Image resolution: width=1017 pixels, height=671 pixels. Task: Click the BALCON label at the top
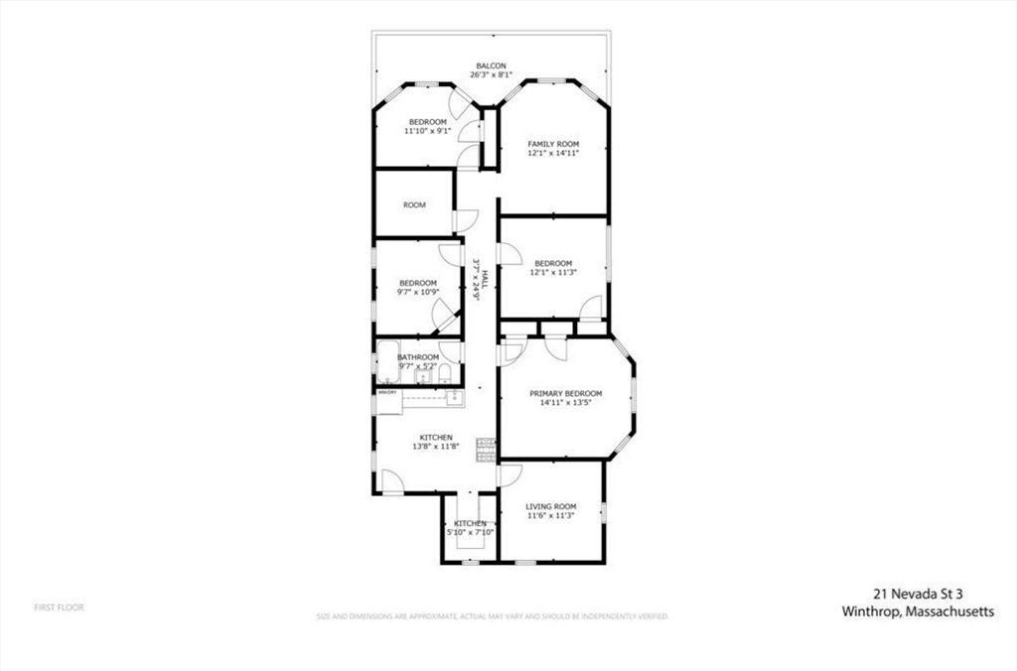coord(491,66)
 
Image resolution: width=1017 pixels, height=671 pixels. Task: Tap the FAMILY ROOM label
coord(552,144)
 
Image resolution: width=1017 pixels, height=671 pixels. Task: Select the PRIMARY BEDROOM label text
coord(565,393)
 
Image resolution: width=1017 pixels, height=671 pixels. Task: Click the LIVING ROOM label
coord(550,506)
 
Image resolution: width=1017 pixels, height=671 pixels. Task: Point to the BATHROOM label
coord(418,357)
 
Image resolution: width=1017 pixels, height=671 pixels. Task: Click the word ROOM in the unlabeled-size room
coord(414,205)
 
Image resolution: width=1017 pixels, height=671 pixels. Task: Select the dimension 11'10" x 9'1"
coord(428,131)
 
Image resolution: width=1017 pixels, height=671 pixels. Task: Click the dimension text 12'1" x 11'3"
coord(552,273)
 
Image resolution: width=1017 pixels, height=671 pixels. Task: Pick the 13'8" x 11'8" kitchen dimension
coord(436,447)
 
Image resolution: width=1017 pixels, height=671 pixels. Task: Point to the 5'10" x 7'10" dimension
coord(470,533)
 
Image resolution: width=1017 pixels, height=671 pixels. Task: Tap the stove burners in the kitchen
coord(486,450)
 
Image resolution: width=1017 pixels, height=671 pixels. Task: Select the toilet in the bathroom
coord(446,373)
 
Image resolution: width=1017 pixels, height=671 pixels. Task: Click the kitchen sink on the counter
coord(453,397)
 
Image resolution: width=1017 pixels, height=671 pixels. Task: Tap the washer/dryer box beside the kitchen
coord(387,392)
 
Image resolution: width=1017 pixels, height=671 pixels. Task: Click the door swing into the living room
coord(508,473)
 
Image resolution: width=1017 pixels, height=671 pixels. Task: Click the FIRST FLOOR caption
coord(60,606)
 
